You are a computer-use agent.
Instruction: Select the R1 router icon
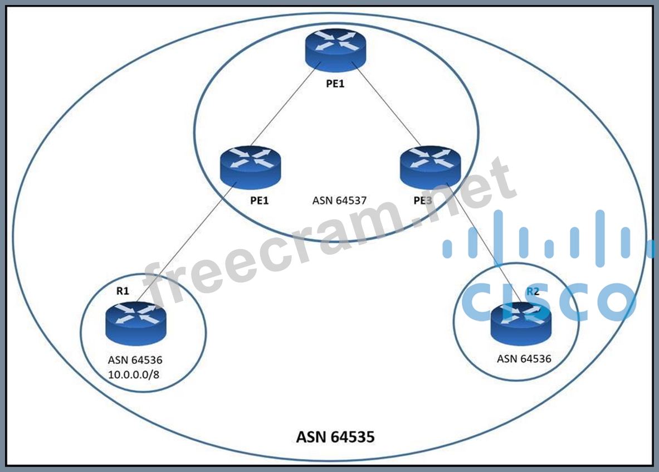point(135,322)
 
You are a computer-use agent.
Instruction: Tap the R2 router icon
point(521,323)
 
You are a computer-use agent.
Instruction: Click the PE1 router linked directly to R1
point(250,166)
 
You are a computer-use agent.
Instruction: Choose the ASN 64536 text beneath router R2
point(524,359)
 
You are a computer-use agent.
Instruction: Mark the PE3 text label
point(423,201)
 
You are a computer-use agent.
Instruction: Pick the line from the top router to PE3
point(387,106)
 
